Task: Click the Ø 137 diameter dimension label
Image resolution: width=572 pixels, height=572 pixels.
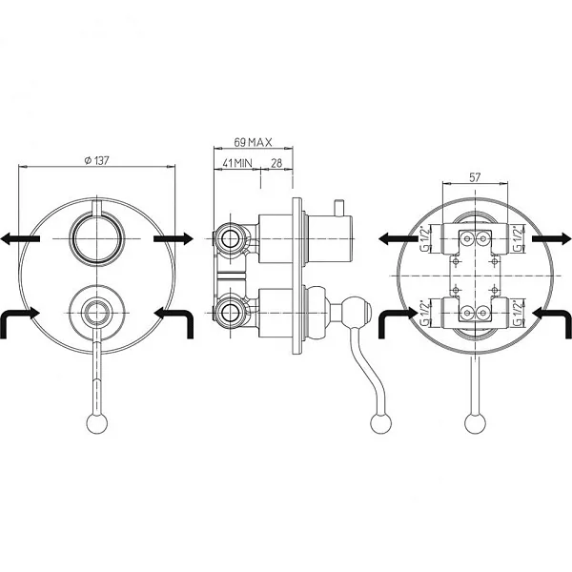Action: point(97,160)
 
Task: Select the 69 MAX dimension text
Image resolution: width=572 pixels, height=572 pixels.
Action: point(254,142)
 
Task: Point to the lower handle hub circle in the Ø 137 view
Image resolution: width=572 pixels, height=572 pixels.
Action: point(97,309)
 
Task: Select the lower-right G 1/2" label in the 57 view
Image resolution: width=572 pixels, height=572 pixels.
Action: point(516,314)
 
